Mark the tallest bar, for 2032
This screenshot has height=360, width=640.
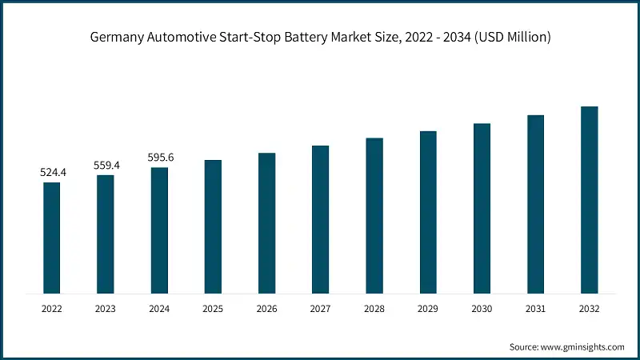(x=589, y=199)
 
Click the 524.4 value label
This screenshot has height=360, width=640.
(x=52, y=172)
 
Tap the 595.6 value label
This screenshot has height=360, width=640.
(x=160, y=158)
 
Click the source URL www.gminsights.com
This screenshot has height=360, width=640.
(x=582, y=346)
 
